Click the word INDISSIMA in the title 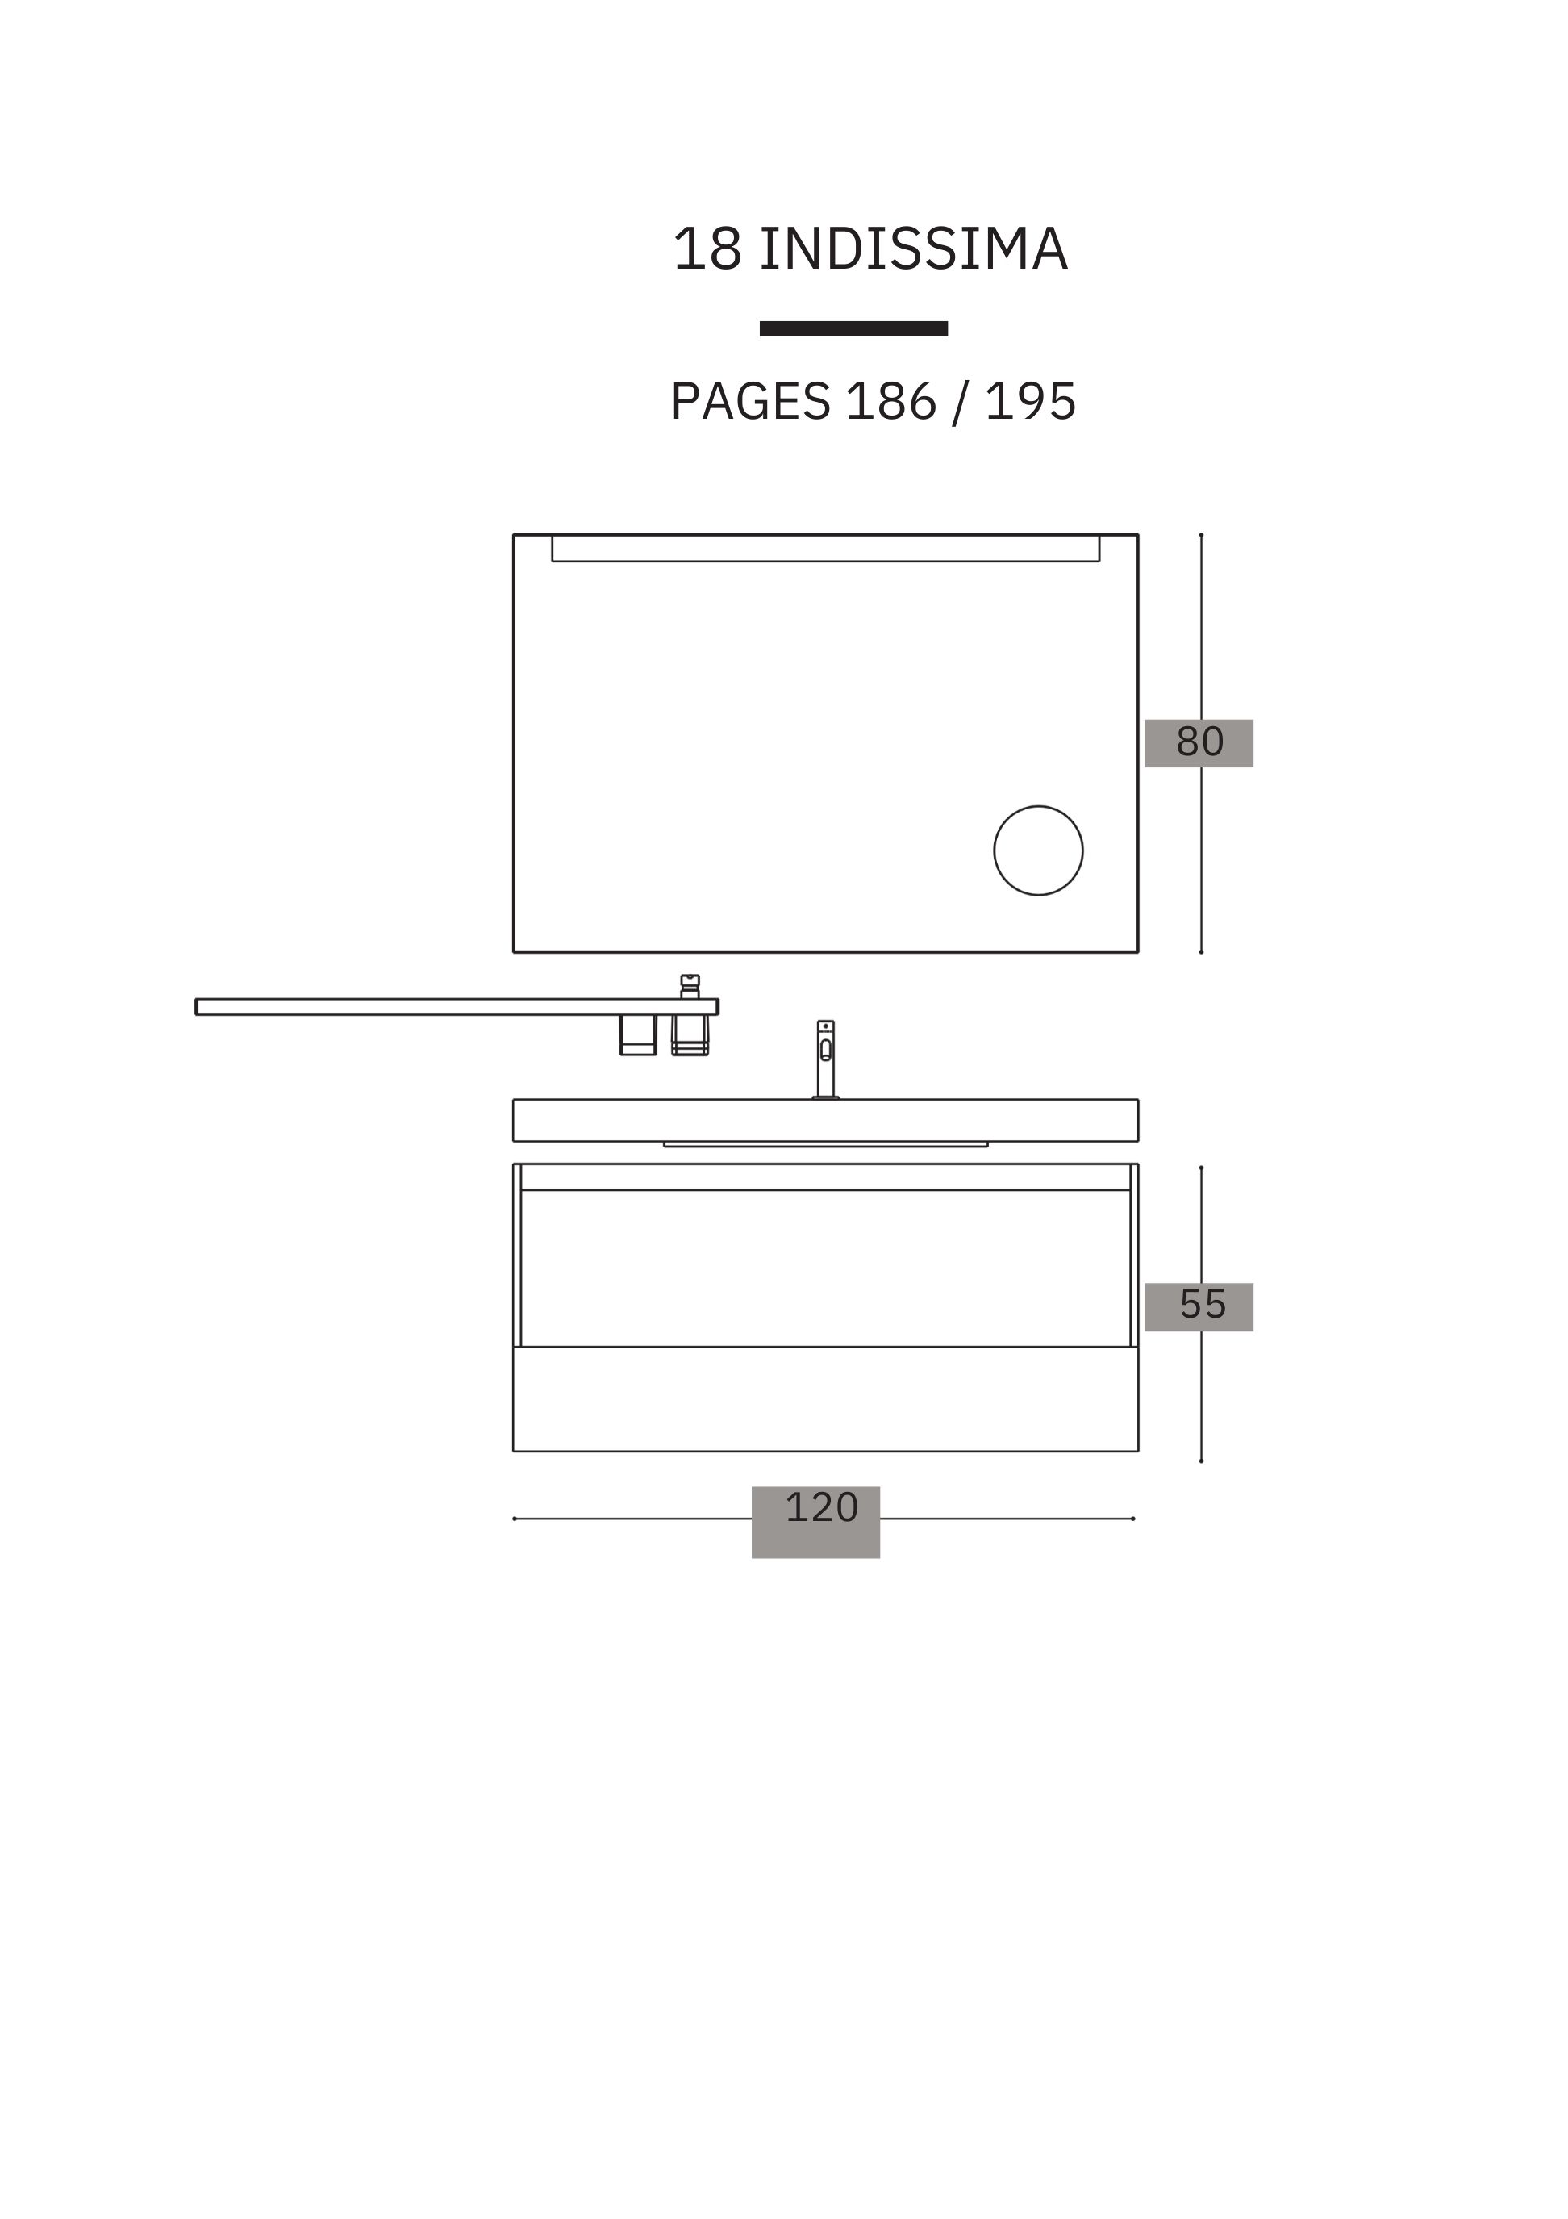click(913, 249)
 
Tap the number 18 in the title click(707, 249)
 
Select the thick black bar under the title click(853, 328)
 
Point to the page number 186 click(890, 401)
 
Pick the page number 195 click(1030, 401)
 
